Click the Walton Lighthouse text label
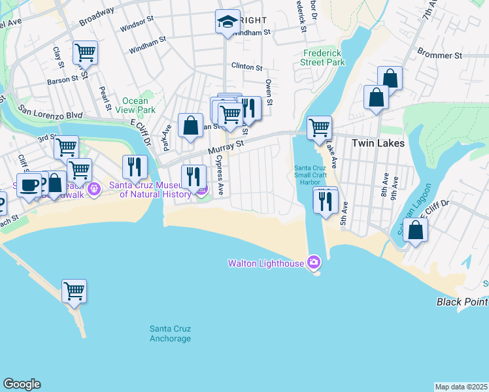point(265,263)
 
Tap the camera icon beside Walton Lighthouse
point(314,263)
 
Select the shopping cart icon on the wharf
point(74,291)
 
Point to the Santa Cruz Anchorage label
point(170,333)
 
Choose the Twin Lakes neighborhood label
point(378,143)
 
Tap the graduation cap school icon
point(228,23)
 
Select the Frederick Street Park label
point(322,57)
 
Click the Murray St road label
point(226,148)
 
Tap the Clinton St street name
point(247,67)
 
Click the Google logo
point(22,384)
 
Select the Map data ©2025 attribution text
point(461,387)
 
